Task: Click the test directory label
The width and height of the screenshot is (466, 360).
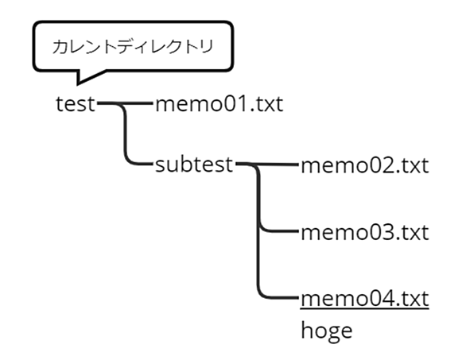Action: point(76,104)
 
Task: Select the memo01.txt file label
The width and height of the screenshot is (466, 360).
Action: point(219,104)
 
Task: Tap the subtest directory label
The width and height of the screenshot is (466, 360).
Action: point(194,165)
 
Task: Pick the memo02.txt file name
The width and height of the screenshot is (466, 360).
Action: point(365,165)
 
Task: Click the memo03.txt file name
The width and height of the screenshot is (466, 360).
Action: point(365,232)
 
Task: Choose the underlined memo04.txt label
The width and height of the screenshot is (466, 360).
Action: point(365,299)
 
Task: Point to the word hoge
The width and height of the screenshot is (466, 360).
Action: point(327,331)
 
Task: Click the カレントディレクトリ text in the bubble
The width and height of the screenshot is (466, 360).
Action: point(133,47)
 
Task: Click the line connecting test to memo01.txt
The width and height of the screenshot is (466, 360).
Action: point(125,103)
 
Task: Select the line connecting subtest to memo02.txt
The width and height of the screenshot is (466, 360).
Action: point(267,164)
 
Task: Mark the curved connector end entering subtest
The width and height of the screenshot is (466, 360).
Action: point(151,164)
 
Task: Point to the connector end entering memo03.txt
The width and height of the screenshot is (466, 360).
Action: point(297,230)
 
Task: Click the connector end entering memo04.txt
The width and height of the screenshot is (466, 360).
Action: point(297,297)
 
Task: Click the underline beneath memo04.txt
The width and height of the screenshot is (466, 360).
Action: point(365,309)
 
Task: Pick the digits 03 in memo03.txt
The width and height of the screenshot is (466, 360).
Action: point(383,232)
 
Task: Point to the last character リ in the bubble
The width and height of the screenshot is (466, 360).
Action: point(208,47)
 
